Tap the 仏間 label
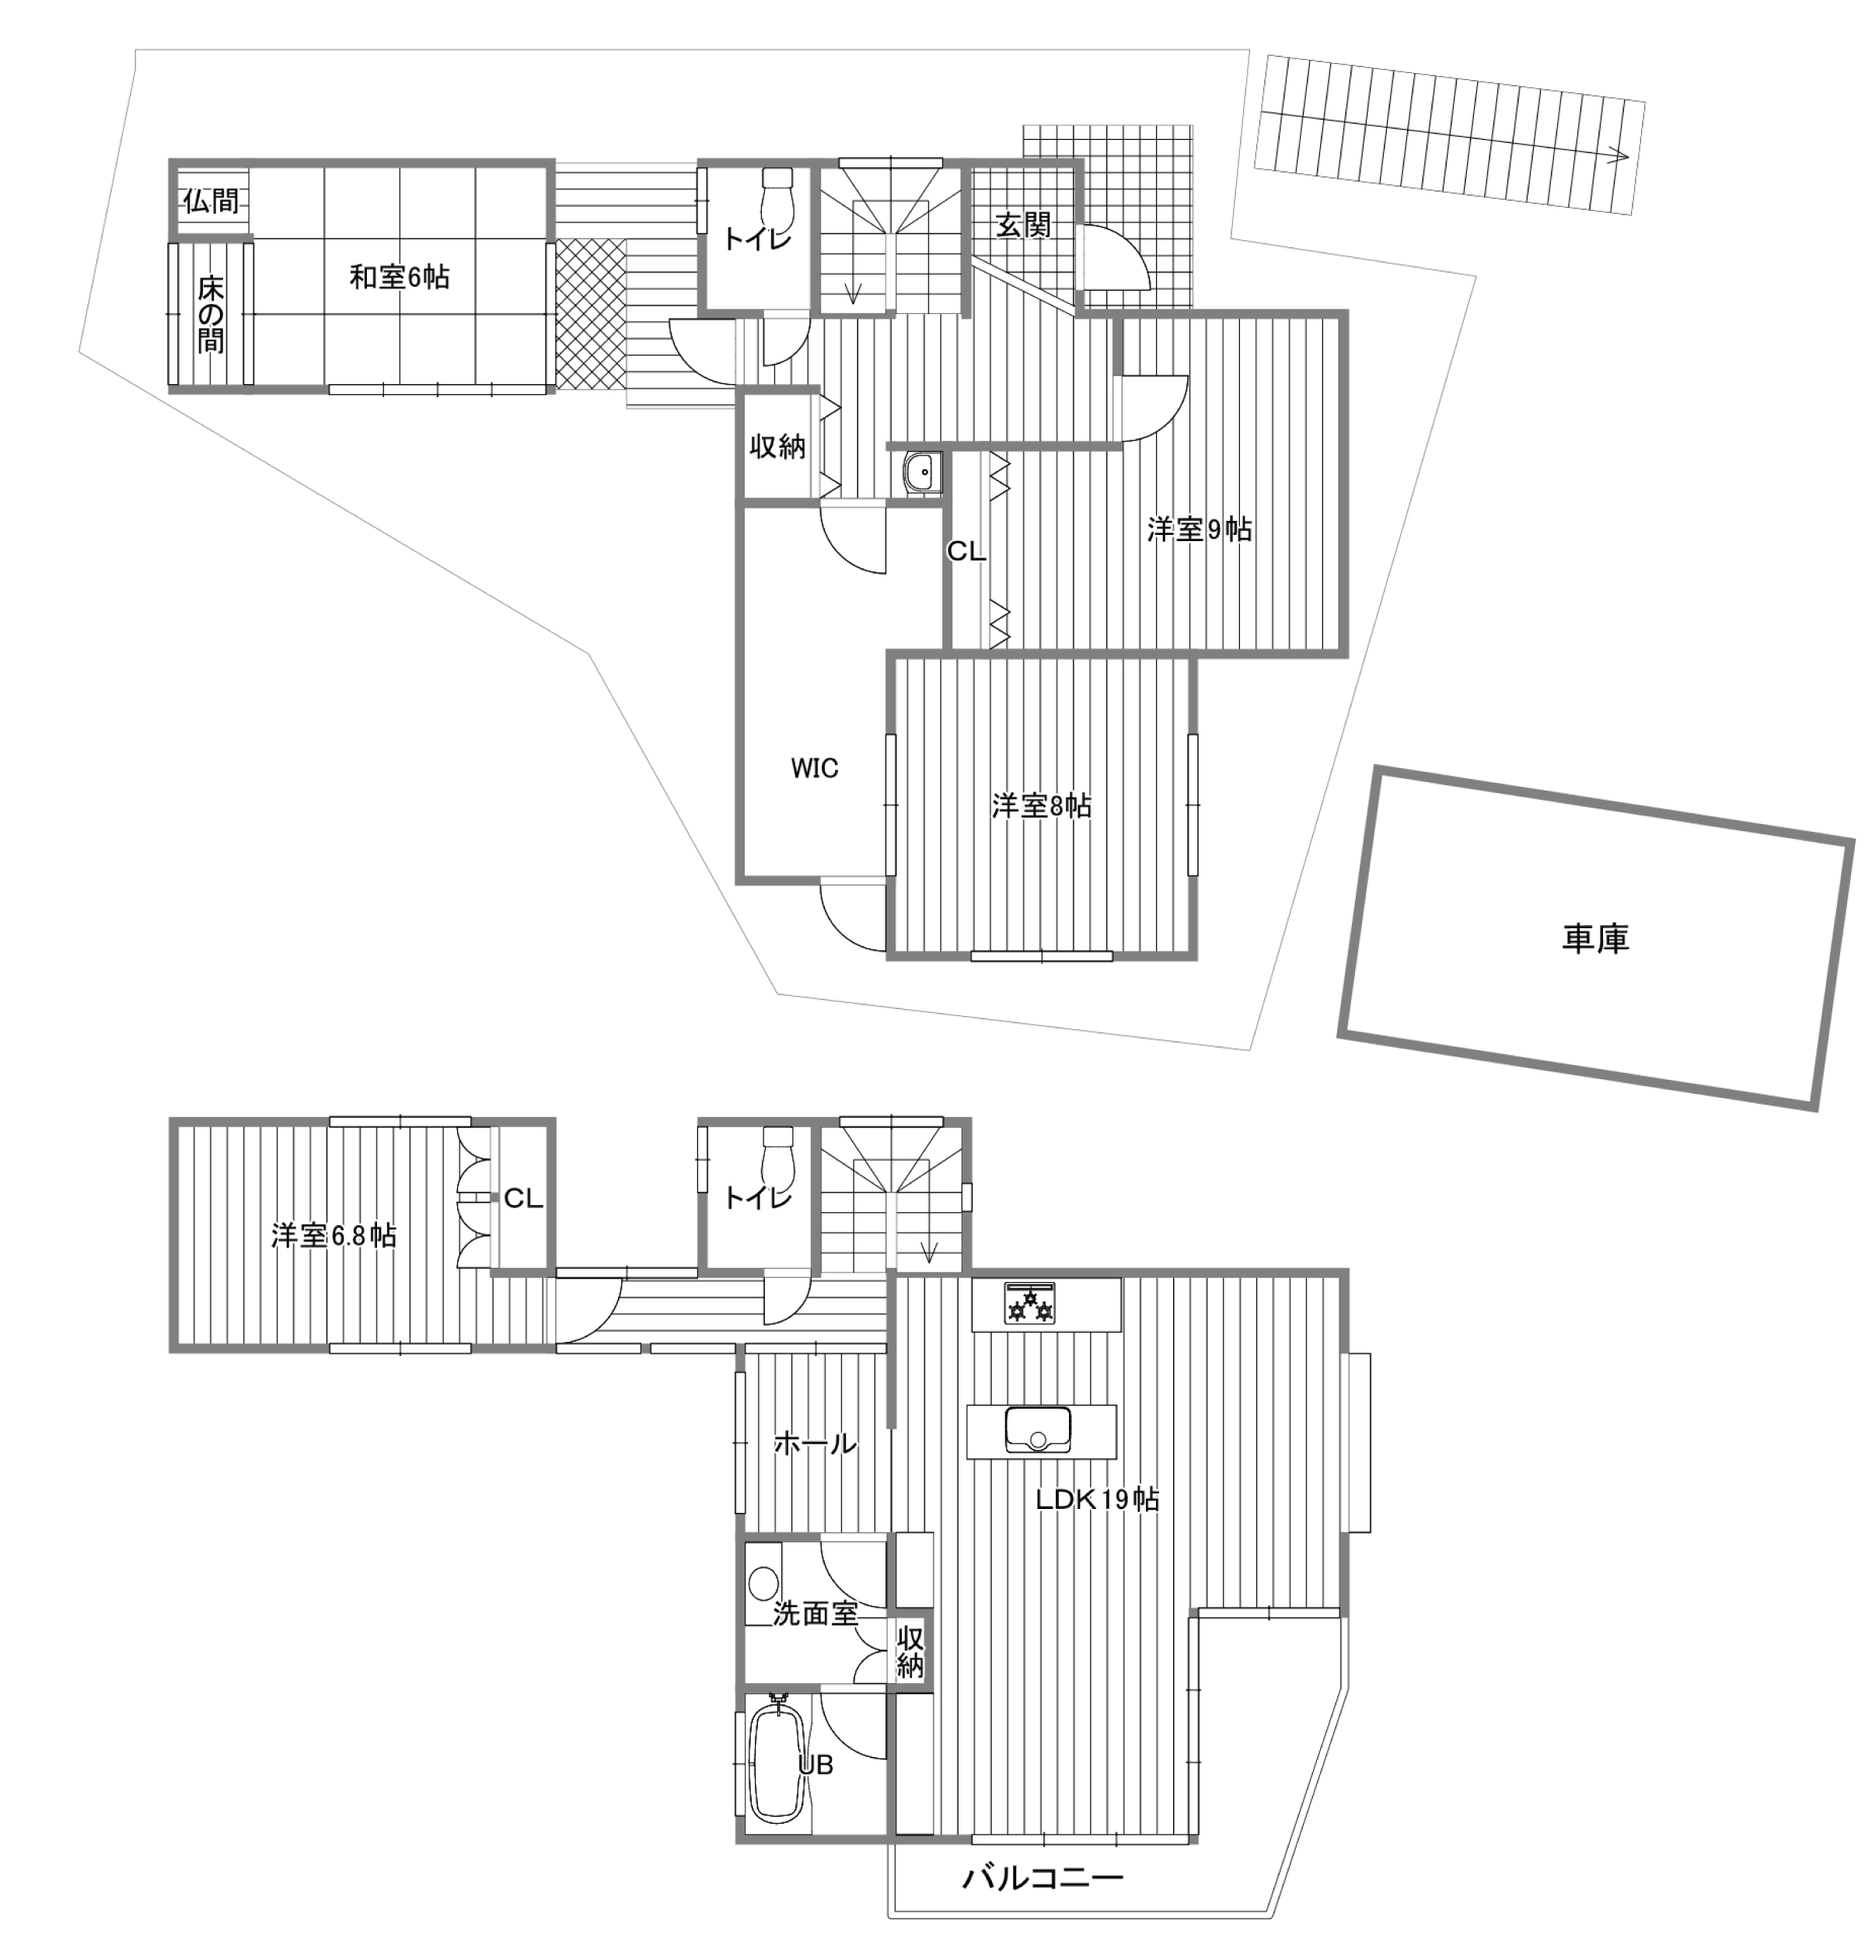click(x=211, y=201)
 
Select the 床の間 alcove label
click(x=211, y=315)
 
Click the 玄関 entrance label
click(x=1023, y=225)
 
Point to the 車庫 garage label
click(x=1595, y=938)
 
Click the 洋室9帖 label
click(x=1199, y=529)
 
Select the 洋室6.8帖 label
click(x=334, y=1235)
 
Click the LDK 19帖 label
click(x=1098, y=1499)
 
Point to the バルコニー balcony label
click(x=1043, y=1877)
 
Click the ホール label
click(x=816, y=1443)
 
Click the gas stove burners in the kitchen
click(x=1031, y=1304)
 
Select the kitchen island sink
click(x=1038, y=1431)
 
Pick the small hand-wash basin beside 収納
click(x=924, y=471)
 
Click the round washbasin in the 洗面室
click(x=763, y=1581)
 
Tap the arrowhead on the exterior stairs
click(x=1619, y=156)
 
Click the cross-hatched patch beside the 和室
click(x=591, y=315)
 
